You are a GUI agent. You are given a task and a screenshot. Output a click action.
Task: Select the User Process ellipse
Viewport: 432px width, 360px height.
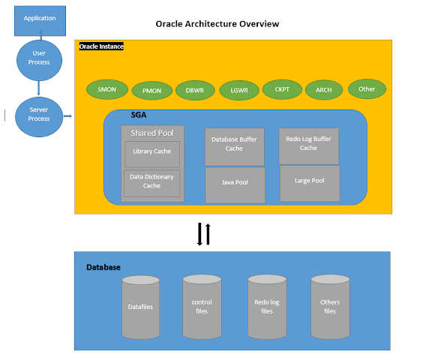point(39,58)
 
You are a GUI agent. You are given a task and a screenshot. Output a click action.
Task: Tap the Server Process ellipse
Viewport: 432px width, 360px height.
point(39,115)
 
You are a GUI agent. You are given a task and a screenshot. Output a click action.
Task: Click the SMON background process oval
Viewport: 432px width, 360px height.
point(106,89)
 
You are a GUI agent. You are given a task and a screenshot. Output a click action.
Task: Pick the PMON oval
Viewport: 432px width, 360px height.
point(151,91)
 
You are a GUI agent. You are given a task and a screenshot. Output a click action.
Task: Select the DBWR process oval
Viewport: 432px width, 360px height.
point(195,90)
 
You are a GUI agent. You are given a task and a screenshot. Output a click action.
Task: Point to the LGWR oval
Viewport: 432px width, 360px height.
point(239,90)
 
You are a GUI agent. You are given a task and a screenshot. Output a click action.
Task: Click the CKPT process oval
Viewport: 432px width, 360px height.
point(282,89)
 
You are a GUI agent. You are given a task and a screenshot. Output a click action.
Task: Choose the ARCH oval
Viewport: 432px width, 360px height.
point(323,90)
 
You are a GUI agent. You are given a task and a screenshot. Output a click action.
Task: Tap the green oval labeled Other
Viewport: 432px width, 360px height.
point(367,88)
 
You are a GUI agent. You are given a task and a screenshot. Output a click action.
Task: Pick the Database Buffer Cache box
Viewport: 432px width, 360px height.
point(235,145)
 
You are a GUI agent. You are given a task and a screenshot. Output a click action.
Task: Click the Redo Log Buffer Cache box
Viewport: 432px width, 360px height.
point(308,145)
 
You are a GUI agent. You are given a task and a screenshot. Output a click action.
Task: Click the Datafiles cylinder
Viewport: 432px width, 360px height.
point(141,307)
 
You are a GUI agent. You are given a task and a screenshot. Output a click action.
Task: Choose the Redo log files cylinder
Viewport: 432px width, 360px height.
point(268,307)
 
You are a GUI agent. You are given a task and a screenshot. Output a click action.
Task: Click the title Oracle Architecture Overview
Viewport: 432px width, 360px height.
point(217,24)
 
